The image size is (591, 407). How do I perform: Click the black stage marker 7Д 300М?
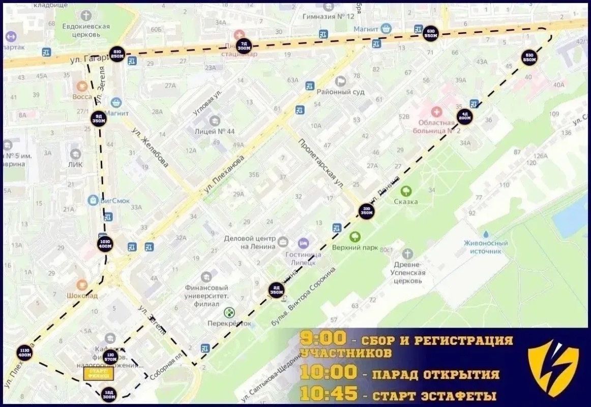tap(245, 46)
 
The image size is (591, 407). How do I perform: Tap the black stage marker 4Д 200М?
tap(464, 117)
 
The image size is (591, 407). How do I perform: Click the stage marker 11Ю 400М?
tap(23, 352)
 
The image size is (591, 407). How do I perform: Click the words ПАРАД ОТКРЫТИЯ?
tap(435, 375)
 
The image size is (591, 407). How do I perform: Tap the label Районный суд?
tap(340, 92)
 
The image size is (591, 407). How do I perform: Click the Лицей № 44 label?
tap(215, 131)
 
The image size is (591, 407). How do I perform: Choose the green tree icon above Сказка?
tap(406, 191)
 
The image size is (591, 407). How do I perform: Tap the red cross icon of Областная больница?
tap(436, 111)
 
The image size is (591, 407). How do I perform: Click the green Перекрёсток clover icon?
tap(229, 312)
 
